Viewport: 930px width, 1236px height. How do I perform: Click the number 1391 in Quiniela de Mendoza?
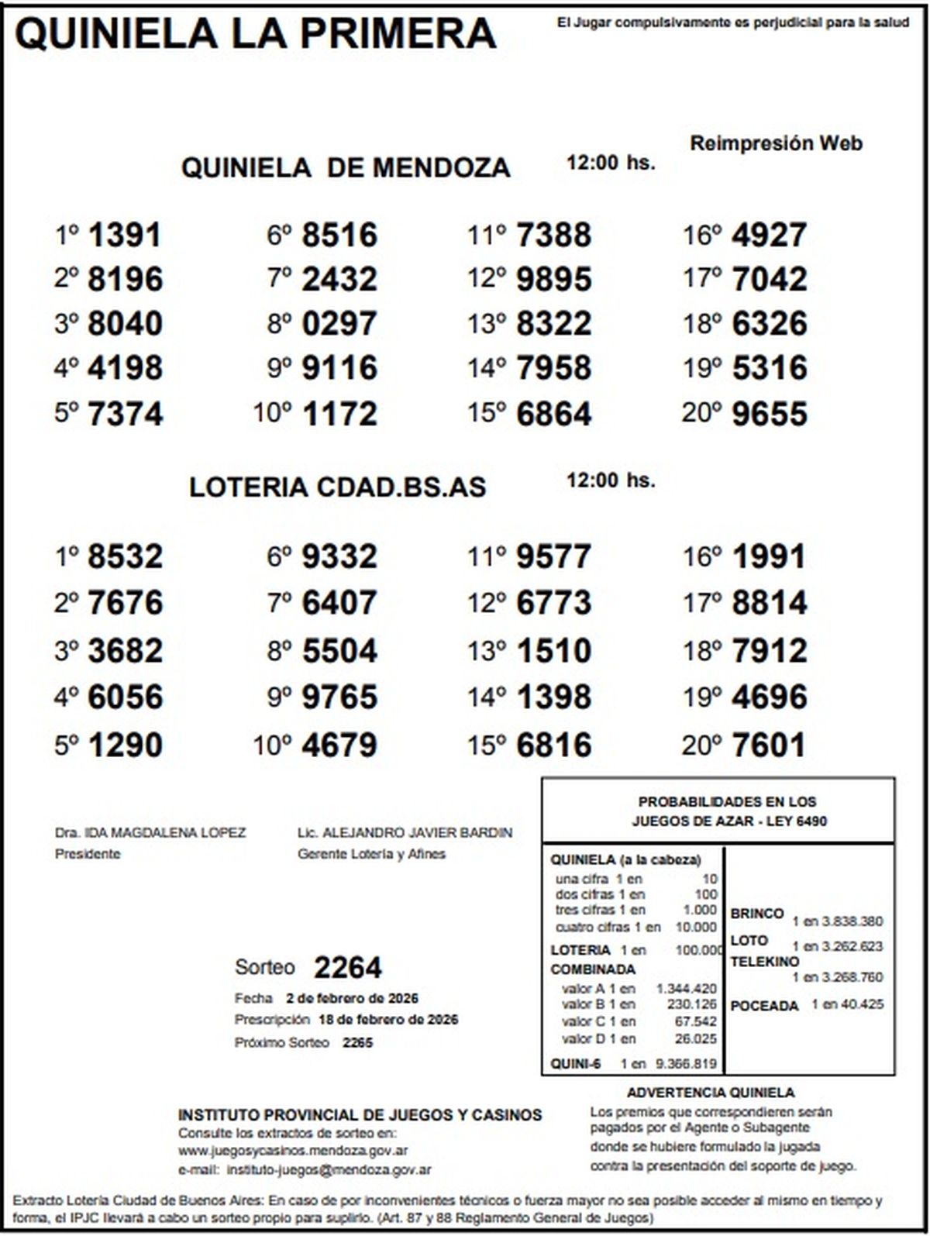(125, 235)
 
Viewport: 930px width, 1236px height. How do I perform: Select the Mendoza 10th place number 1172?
(339, 414)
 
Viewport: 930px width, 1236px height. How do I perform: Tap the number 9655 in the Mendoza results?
(769, 414)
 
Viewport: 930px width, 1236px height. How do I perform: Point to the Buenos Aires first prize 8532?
(125, 556)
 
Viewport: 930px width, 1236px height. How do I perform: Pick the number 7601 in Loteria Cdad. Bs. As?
(769, 745)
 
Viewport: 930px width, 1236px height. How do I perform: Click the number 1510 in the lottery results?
(553, 650)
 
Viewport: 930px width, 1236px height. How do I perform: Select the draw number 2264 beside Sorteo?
(348, 968)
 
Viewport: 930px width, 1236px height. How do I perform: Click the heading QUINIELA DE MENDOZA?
(346, 167)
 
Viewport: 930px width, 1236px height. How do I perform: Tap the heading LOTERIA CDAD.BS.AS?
(337, 487)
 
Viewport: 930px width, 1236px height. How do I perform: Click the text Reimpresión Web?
(776, 143)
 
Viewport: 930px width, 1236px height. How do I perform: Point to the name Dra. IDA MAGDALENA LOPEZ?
(150, 833)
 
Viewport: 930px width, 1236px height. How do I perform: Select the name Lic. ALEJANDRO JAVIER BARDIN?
(405, 833)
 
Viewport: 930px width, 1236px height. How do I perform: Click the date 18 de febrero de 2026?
(388, 1020)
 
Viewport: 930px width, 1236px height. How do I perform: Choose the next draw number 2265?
(357, 1043)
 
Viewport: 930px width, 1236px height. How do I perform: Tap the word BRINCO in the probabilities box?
(757, 914)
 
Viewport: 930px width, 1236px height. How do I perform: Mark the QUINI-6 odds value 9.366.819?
(686, 1064)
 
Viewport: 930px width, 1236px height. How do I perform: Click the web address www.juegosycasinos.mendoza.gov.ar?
(293, 1151)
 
